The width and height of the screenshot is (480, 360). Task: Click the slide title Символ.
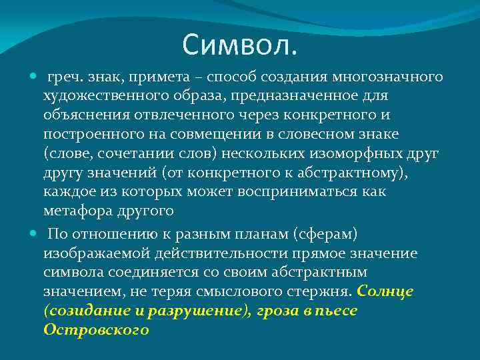(x=241, y=45)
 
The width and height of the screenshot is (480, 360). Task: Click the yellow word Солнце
(x=386, y=291)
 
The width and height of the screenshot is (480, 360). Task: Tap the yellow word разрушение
(x=193, y=311)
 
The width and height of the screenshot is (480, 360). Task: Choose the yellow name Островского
(x=96, y=330)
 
